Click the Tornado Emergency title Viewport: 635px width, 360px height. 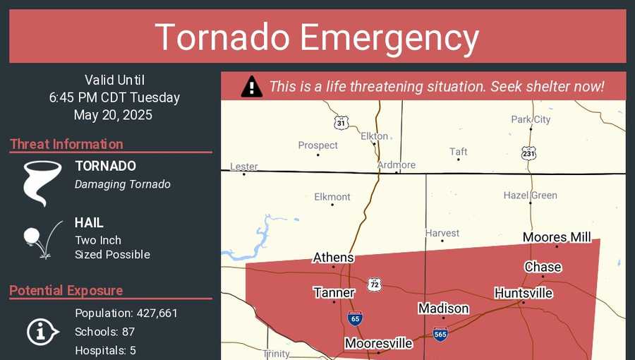tap(317, 37)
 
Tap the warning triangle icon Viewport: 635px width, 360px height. tap(251, 87)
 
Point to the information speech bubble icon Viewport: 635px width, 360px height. tap(43, 331)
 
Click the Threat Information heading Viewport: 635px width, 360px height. tap(66, 144)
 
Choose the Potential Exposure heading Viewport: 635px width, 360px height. tap(66, 290)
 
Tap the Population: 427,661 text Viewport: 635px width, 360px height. tap(126, 313)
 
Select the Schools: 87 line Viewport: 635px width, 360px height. tap(104, 332)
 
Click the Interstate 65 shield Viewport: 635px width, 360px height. tap(355, 318)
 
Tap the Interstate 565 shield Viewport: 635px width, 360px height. tap(440, 334)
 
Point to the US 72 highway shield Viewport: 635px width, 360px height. tap(375, 284)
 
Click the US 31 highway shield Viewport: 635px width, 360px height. tap(341, 123)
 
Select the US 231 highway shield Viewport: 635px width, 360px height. tap(529, 152)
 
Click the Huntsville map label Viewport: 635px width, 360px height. tap(523, 293)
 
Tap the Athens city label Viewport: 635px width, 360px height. tap(333, 258)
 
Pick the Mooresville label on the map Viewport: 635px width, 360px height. tap(378, 344)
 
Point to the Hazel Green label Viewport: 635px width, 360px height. tap(530, 196)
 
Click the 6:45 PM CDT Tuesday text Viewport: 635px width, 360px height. tap(114, 97)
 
